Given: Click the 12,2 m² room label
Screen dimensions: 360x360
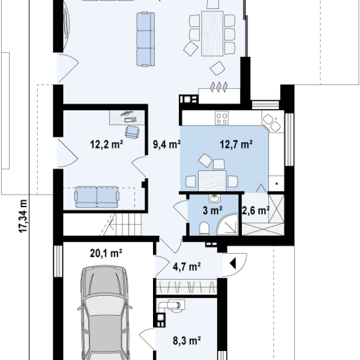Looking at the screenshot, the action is tap(107, 145).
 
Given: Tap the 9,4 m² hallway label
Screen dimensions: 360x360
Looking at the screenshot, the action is tap(167, 145).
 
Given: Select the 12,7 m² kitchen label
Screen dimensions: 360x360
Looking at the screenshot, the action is tap(236, 145).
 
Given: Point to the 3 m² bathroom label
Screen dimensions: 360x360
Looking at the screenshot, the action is tap(212, 211).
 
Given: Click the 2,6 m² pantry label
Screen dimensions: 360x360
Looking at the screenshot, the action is tap(256, 211).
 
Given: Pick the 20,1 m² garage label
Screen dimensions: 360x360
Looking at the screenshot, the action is tap(106, 253).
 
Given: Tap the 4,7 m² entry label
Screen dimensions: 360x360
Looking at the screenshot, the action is tap(187, 267).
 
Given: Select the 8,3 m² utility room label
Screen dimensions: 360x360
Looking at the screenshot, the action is tap(187, 341).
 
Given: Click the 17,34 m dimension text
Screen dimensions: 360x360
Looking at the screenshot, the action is tap(23, 216).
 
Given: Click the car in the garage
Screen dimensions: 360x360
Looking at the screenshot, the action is tap(104, 313).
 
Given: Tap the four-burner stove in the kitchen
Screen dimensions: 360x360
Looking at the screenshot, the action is tap(221, 118).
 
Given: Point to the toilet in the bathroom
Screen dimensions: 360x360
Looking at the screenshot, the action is tap(204, 229).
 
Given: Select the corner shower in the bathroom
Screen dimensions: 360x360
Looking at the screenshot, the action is tap(227, 224).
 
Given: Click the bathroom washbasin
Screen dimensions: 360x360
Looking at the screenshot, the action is tap(215, 198).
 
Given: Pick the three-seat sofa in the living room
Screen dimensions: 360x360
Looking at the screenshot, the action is tap(146, 39).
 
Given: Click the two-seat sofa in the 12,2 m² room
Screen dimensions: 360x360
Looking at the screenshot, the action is tap(97, 197).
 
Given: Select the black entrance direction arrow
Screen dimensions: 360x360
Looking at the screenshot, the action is tap(233, 263).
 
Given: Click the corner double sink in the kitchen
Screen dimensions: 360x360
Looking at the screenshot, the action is tap(272, 123).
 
